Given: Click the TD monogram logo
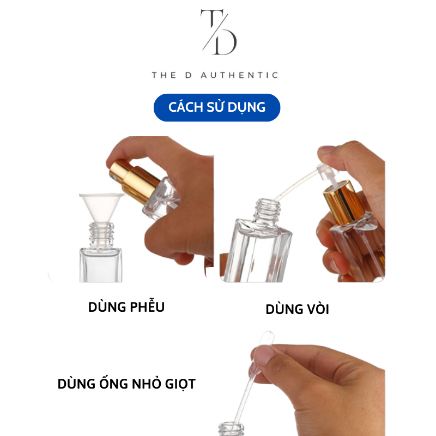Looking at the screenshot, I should [x=218, y=32].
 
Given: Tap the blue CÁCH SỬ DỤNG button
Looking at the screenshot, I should [x=217, y=107].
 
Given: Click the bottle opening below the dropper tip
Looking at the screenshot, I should [x=231, y=427].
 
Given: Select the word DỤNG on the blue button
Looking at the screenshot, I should [x=246, y=107].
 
